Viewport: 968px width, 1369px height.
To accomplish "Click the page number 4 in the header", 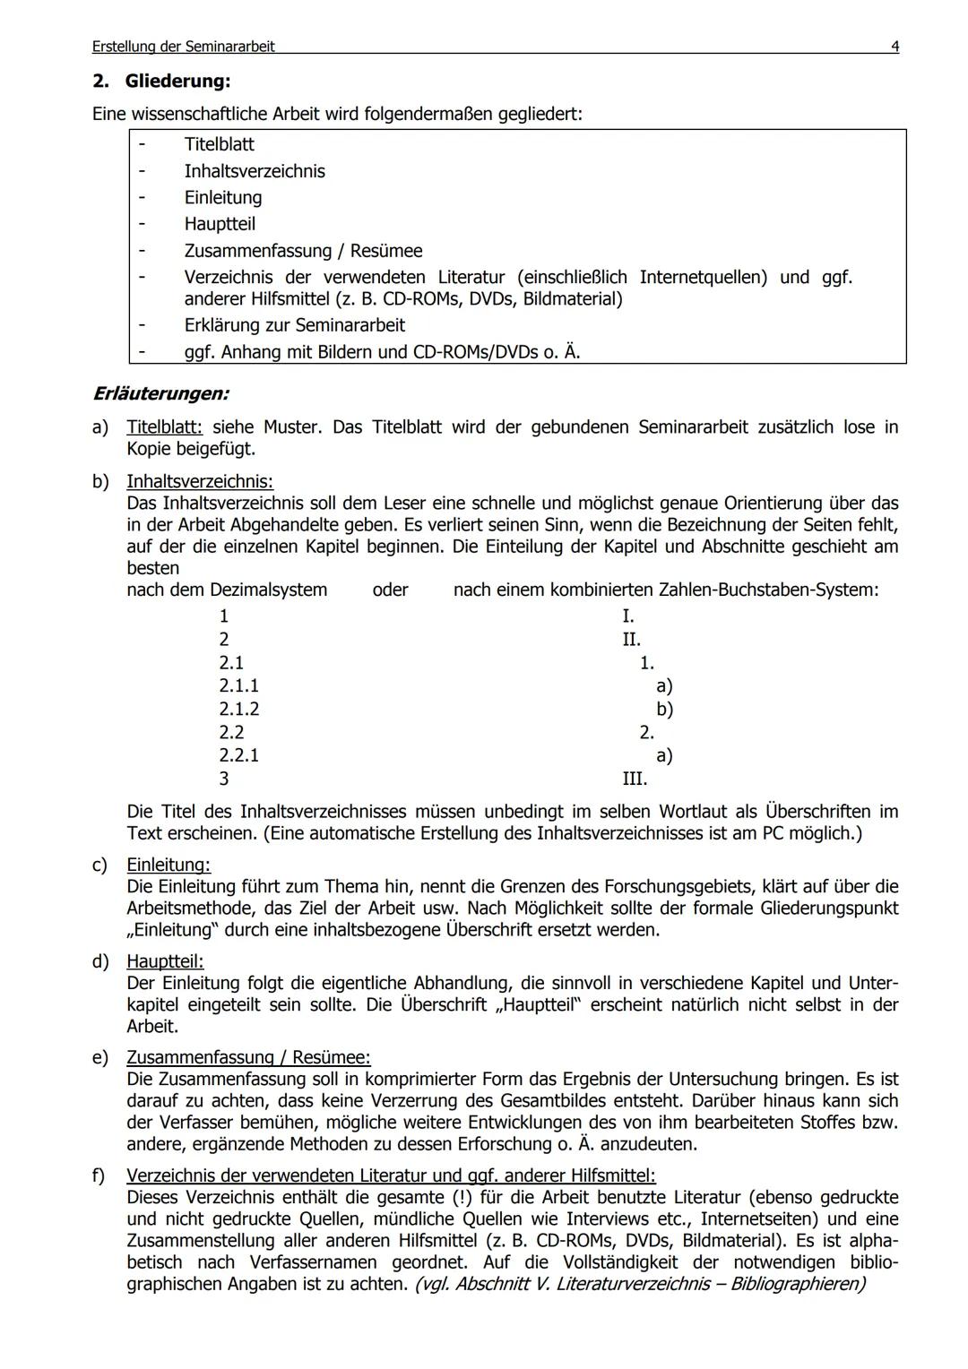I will click(895, 47).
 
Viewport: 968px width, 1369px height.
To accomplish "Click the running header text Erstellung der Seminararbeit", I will click(183, 47).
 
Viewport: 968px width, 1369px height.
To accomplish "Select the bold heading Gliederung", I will click(177, 81).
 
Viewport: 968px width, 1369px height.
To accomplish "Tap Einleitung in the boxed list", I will click(223, 197).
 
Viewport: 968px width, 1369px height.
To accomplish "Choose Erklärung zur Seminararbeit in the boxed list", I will click(294, 324).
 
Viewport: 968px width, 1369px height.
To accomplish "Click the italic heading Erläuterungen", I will click(160, 393).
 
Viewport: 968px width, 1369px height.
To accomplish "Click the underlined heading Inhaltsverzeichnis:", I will click(200, 482).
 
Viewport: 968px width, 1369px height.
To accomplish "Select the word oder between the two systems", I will click(390, 590).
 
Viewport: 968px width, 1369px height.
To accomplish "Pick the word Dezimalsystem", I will click(268, 590).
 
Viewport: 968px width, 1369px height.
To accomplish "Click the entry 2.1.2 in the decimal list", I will click(238, 709).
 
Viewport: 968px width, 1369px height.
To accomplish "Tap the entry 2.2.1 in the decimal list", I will click(238, 755).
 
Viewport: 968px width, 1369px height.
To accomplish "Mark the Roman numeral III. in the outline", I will click(635, 779).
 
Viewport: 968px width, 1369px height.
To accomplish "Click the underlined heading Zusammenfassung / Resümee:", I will click(248, 1058).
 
